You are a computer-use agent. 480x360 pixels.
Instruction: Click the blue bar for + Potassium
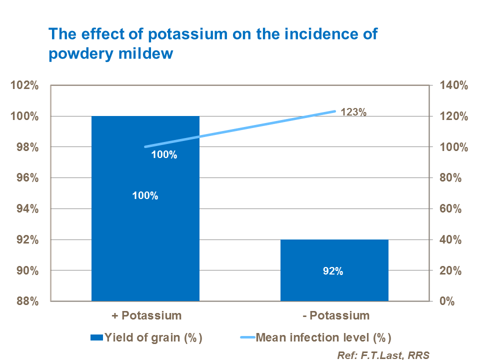tap(145, 225)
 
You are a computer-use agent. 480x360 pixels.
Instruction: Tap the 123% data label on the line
tap(353, 112)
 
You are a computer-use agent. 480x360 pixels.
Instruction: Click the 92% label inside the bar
tap(333, 271)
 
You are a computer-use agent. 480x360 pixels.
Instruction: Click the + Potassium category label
tap(145, 315)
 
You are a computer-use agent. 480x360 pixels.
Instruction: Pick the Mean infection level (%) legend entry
tap(322, 337)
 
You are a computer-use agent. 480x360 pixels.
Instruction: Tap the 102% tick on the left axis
tap(24, 85)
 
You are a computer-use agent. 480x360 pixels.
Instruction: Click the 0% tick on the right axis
tap(448, 301)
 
